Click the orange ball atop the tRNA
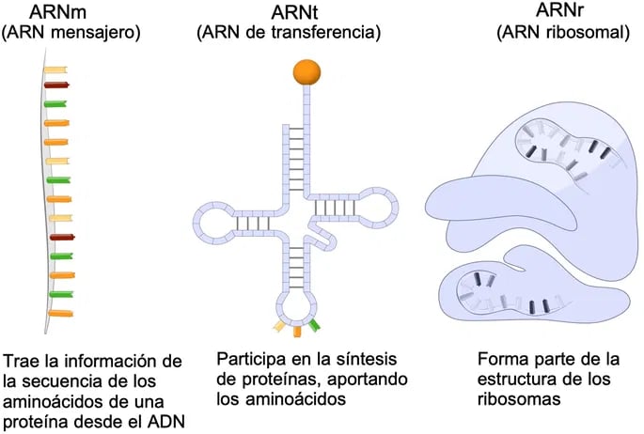pos(306,72)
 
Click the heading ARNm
pos(58,12)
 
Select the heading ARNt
pos(294,13)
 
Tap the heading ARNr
pos(559,10)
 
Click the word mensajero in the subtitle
pos(97,32)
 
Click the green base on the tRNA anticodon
pos(314,325)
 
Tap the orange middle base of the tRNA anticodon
pos(297,331)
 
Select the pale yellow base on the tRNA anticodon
pos(279,326)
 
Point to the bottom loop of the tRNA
pos(297,306)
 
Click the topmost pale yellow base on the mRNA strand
pos(55,70)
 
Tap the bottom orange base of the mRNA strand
pos(61,314)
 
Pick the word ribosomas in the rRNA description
pos(519,398)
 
